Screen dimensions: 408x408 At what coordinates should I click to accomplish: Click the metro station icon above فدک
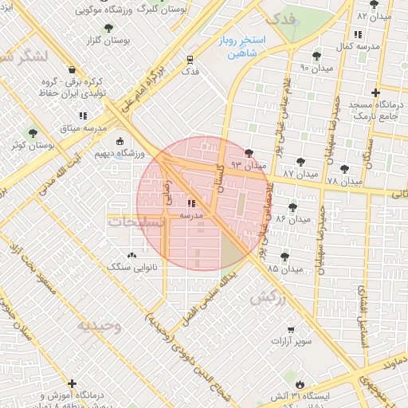coord(190,59)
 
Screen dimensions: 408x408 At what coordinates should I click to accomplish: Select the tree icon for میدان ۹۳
coord(249,153)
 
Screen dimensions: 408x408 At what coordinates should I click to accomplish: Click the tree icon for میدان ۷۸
coord(343,169)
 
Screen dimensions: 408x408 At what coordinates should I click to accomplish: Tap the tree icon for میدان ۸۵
coord(284,257)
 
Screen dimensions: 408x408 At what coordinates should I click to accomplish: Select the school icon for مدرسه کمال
coord(356,35)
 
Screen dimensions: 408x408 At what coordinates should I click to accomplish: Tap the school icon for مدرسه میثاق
coord(83,116)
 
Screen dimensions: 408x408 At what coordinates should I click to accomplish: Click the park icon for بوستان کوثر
coord(32,133)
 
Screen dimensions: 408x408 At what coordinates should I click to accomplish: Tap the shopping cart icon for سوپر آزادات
coord(291,330)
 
